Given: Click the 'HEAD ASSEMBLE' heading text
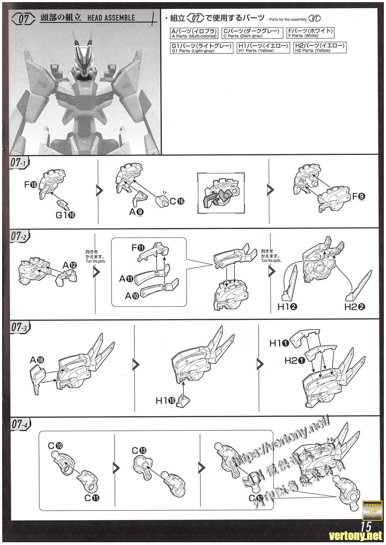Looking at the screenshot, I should coord(111,18).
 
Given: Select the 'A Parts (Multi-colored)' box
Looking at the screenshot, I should coord(194,33).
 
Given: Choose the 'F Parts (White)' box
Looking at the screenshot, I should coord(311,33).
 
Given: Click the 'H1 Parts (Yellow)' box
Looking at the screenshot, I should coord(263,48).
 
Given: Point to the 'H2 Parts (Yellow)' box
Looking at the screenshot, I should coord(320,48).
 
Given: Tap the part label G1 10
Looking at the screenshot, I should coord(67,215).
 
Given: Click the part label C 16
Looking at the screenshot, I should coord(177,201).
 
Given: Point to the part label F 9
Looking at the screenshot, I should coord(359,196).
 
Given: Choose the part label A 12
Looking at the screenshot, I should coord(70,265).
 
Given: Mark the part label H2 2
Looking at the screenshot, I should coord(355,306).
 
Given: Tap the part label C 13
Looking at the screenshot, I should coord(139,450).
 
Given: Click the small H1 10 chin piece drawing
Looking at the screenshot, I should coord(184,399).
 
